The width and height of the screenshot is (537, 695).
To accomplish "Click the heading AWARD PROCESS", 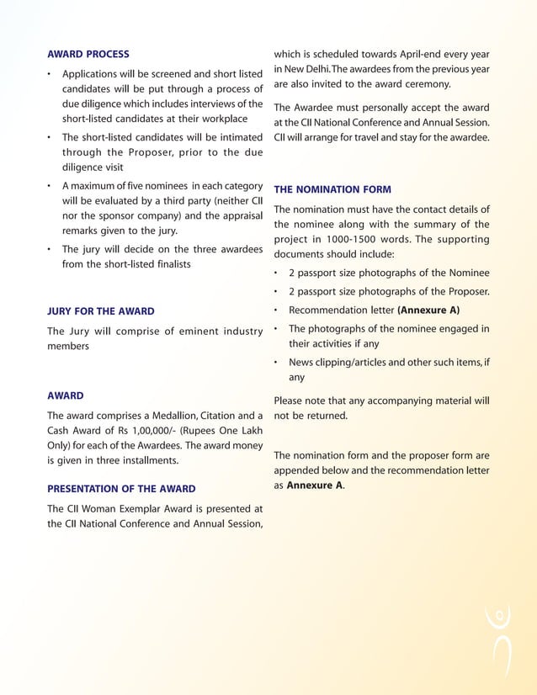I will [88, 54].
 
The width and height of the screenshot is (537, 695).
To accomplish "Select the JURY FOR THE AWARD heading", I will [100, 311].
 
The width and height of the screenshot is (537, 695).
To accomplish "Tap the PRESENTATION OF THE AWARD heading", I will [121, 488].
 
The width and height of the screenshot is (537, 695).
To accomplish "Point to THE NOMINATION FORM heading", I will [332, 189].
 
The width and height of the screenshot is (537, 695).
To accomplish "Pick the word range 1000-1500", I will [348, 239].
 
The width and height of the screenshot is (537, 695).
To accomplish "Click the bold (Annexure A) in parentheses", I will [428, 310].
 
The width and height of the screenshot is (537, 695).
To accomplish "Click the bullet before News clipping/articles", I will [277, 363].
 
